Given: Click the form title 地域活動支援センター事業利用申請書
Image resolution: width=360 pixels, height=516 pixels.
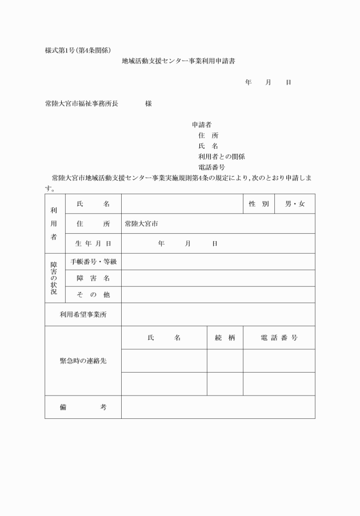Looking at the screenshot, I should tap(178, 61).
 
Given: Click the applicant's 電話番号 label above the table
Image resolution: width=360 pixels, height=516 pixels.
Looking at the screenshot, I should tap(211, 167).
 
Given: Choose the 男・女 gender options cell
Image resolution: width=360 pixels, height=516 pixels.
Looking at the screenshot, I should tap(295, 204).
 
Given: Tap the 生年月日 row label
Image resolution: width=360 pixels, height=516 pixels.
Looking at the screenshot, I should tap(93, 243).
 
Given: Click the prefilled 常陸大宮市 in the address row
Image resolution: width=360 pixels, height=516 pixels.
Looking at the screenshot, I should tap(141, 224).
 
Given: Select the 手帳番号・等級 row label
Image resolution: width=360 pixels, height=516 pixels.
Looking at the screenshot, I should tap(93, 262).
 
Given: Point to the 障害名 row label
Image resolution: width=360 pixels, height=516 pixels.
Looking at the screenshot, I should tap(93, 278).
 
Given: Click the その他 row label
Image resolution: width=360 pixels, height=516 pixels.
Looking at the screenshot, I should tap(93, 295).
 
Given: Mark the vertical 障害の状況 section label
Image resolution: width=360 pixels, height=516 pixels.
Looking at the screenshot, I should tap(55, 278).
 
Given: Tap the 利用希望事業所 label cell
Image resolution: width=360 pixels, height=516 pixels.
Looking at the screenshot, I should tap(83, 314).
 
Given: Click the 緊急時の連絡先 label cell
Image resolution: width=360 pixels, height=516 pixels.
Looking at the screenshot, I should tap(83, 361).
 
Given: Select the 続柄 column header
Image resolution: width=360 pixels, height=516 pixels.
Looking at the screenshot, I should tap(225, 338).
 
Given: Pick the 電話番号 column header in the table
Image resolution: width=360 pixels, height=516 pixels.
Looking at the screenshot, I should tap(279, 338).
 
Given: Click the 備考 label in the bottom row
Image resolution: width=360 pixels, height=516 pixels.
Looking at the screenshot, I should tap(83, 407).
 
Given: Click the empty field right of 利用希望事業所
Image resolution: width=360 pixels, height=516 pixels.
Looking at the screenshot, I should tap(218, 314).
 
